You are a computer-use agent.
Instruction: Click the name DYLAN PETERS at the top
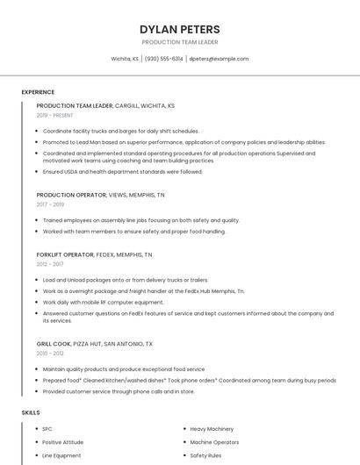[x=179, y=29]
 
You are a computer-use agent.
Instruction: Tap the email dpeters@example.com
[x=219, y=59]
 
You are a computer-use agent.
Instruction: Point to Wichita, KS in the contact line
[x=125, y=59]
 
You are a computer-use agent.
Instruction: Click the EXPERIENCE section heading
[x=38, y=92]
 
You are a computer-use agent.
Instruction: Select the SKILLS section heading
[x=31, y=412]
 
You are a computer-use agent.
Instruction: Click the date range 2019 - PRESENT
[x=55, y=115]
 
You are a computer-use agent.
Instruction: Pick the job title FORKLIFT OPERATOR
[x=65, y=254]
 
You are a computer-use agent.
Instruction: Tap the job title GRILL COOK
[x=54, y=344]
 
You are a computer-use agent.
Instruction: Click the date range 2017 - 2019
[x=50, y=204]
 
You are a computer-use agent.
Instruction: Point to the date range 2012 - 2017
[x=50, y=263]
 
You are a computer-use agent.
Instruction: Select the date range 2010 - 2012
[x=50, y=353]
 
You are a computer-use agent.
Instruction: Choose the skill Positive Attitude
[x=63, y=442]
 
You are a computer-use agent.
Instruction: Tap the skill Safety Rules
[x=205, y=456]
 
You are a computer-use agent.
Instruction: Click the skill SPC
[x=47, y=428]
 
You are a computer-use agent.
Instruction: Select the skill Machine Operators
[x=214, y=442]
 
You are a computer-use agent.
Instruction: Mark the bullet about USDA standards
[x=123, y=171]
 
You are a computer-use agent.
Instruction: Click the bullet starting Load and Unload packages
[x=126, y=280]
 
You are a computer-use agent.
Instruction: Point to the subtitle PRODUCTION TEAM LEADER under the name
[x=179, y=42]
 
